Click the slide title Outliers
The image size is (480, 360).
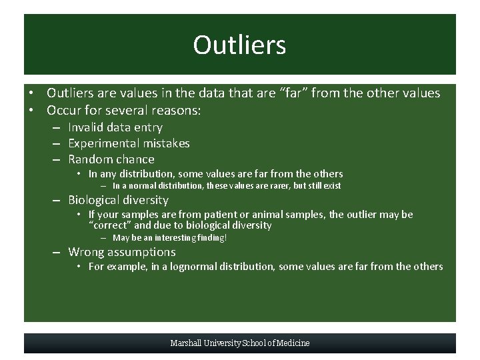pos(239,45)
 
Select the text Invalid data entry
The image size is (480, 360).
pos(115,127)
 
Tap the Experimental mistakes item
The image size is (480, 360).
pos(129,143)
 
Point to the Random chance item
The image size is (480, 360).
pos(111,159)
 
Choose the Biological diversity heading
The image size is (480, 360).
pos(118,200)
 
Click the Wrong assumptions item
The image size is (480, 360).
pos(122,252)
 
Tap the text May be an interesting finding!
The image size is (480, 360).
pos(169,238)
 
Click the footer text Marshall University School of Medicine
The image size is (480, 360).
pos(240,343)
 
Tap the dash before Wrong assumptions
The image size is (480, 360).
pos(59,253)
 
